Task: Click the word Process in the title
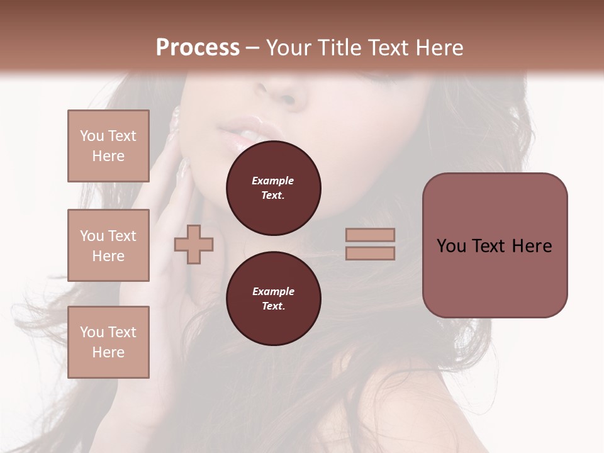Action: [198, 47]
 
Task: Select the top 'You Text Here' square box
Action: [108, 146]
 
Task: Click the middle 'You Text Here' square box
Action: [108, 245]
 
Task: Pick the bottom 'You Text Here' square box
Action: [108, 342]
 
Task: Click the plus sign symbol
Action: [194, 244]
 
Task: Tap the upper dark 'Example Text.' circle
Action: [273, 188]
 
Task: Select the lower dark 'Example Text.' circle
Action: [273, 299]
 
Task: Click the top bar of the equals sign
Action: [370, 235]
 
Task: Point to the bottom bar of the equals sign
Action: [370, 253]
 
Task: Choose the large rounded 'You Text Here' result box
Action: [495, 245]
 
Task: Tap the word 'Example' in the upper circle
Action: [273, 181]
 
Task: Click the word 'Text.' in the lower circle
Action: [273, 306]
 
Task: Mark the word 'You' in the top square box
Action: [92, 136]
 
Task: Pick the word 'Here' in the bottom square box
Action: [108, 352]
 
